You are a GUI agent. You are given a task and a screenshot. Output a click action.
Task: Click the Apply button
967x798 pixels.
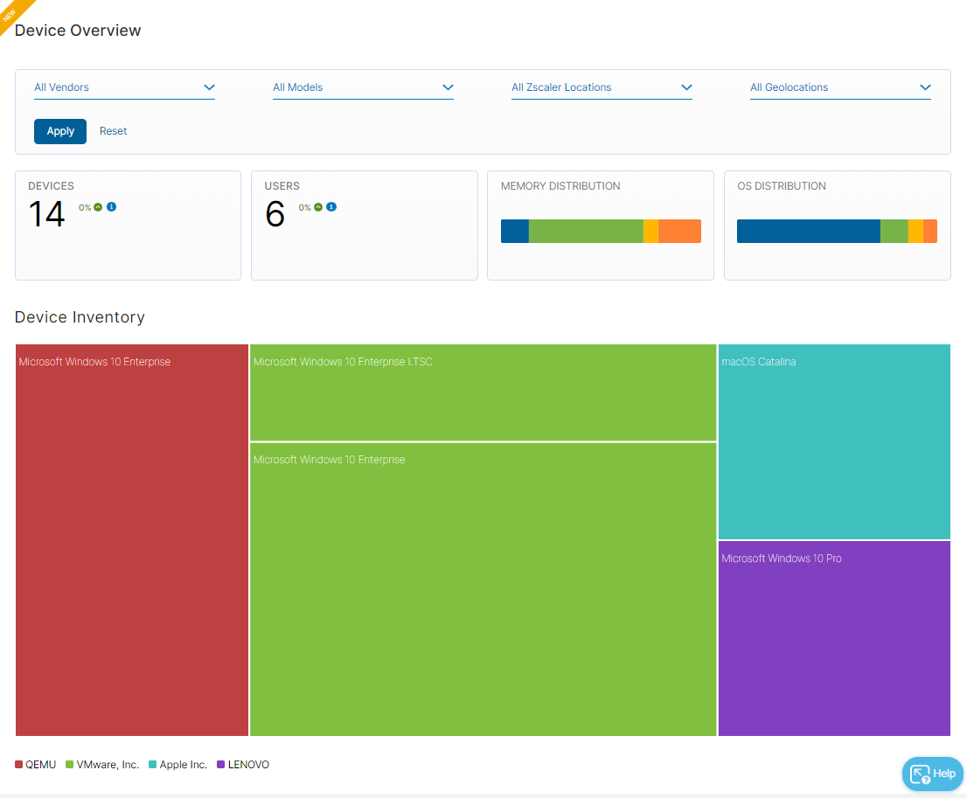(60, 131)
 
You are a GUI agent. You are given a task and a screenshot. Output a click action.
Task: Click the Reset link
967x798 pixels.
(113, 131)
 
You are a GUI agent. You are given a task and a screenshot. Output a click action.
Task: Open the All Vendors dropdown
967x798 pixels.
(124, 87)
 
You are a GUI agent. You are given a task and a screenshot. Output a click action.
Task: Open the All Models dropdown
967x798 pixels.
(363, 87)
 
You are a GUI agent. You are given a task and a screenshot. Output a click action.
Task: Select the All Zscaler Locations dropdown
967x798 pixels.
(602, 87)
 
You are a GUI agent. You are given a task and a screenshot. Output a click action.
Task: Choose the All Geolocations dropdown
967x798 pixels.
(840, 87)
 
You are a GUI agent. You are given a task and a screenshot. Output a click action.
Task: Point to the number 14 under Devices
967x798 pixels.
(46, 214)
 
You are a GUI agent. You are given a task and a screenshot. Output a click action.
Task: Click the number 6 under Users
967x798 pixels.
(275, 214)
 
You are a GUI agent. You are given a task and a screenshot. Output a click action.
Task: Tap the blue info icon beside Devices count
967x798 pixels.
(112, 207)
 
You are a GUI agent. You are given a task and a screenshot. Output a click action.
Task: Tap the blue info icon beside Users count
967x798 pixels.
(331, 207)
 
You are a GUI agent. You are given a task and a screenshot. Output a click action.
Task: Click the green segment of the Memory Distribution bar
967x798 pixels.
(586, 231)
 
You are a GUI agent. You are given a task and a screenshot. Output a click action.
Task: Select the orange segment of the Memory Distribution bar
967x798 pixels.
(679, 231)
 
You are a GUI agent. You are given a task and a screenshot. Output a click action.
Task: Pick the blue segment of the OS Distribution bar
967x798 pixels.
(808, 231)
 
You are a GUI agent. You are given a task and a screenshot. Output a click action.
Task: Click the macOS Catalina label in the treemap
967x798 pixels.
(759, 362)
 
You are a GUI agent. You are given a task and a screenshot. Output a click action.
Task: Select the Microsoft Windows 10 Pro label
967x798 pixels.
(782, 559)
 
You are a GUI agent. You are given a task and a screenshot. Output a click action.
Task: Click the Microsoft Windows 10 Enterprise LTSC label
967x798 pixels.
(343, 362)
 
